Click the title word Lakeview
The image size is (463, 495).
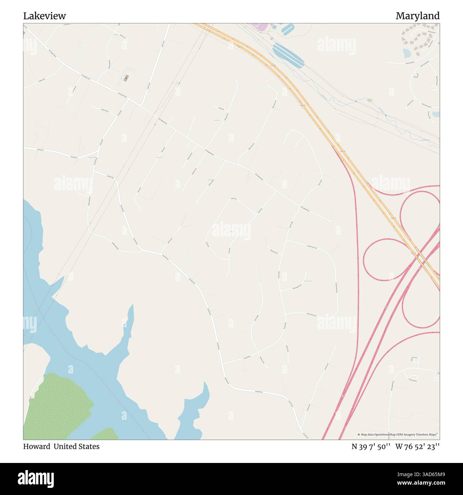click(x=45, y=16)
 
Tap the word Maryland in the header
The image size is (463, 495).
click(x=417, y=16)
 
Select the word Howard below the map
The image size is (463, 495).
click(x=36, y=447)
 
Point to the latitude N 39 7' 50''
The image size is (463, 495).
click(x=371, y=447)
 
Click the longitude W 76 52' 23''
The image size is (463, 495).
click(x=417, y=447)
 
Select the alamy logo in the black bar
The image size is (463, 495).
click(x=36, y=478)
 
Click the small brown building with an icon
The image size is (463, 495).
click(x=125, y=78)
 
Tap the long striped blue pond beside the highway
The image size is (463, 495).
click(x=288, y=55)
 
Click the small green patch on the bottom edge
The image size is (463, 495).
click(x=105, y=434)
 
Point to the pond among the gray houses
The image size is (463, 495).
click(x=407, y=53)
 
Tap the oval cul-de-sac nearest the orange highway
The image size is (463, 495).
click(x=263, y=85)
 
